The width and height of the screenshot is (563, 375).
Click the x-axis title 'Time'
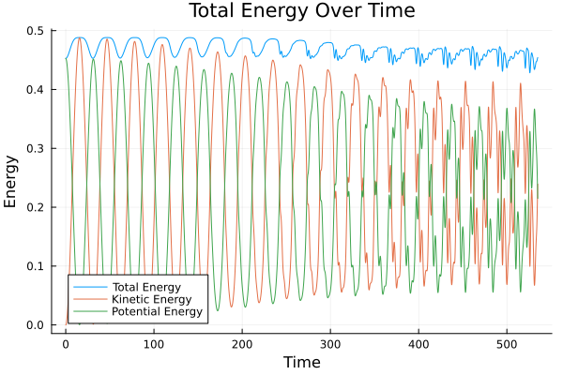tap(302, 362)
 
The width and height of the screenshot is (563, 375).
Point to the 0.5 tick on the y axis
tap(35, 31)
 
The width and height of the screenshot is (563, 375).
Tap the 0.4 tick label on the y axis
tap(35, 90)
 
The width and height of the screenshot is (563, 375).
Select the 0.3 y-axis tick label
tap(35, 149)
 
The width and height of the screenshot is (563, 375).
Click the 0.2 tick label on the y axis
tap(35, 208)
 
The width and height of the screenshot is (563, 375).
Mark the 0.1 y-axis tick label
tap(35, 267)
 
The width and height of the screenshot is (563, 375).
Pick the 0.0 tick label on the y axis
tap(35, 325)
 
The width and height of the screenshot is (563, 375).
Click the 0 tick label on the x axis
tap(65, 343)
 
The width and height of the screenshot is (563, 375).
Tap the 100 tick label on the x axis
tap(154, 343)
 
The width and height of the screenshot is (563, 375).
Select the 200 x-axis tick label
tap(242, 343)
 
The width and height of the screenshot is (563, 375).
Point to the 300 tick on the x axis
tap(330, 343)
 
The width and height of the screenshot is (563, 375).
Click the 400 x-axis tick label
tap(418, 343)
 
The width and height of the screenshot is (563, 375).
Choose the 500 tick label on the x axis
tap(507, 343)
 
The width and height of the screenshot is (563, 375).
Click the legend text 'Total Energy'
tap(146, 286)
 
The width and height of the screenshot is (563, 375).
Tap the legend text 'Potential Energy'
tap(157, 311)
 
